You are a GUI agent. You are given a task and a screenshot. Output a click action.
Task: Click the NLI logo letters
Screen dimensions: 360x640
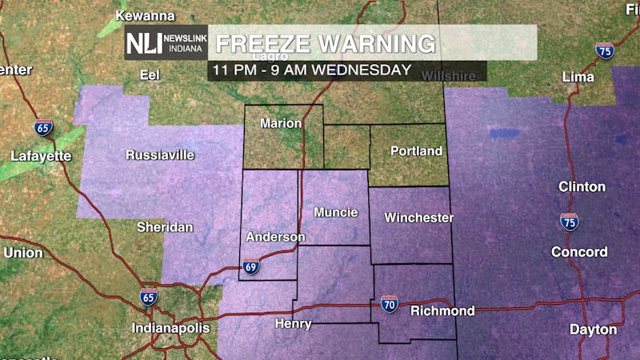pyautogui.click(x=142, y=43)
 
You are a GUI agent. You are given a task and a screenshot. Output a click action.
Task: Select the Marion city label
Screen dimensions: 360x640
pyautogui.click(x=282, y=124)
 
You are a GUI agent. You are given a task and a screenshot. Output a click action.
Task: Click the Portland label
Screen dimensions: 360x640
pyautogui.click(x=416, y=151)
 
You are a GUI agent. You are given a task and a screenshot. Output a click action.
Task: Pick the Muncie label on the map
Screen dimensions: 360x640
pyautogui.click(x=335, y=213)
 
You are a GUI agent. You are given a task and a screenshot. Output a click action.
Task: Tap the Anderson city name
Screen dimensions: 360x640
pyautogui.click(x=275, y=237)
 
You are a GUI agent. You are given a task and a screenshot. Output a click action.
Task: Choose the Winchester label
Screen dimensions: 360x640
pyautogui.click(x=418, y=218)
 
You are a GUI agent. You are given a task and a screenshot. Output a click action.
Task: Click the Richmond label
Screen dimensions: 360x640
pyautogui.click(x=442, y=310)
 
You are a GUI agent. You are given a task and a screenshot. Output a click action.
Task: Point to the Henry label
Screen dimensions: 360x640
pyautogui.click(x=292, y=323)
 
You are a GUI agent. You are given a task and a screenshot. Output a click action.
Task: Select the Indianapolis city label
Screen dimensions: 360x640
pyautogui.click(x=170, y=328)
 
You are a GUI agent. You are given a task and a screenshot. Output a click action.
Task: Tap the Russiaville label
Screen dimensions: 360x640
pyautogui.click(x=160, y=155)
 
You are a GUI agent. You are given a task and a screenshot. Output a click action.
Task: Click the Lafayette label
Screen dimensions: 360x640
pyautogui.click(x=41, y=156)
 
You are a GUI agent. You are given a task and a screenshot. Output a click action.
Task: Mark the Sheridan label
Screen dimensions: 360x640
pyautogui.click(x=164, y=227)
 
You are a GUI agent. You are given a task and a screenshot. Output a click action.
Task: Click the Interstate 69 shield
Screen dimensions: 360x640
pyautogui.click(x=251, y=267)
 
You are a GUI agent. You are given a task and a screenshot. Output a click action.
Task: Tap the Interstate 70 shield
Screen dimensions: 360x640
pyautogui.click(x=390, y=304)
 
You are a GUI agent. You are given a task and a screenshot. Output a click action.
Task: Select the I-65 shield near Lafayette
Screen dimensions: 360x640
pyautogui.click(x=44, y=127)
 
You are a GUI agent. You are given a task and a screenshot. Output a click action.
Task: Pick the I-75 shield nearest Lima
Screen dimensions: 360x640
pyautogui.click(x=604, y=50)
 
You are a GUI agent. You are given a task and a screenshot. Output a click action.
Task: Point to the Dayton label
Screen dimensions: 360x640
pyautogui.click(x=593, y=330)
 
